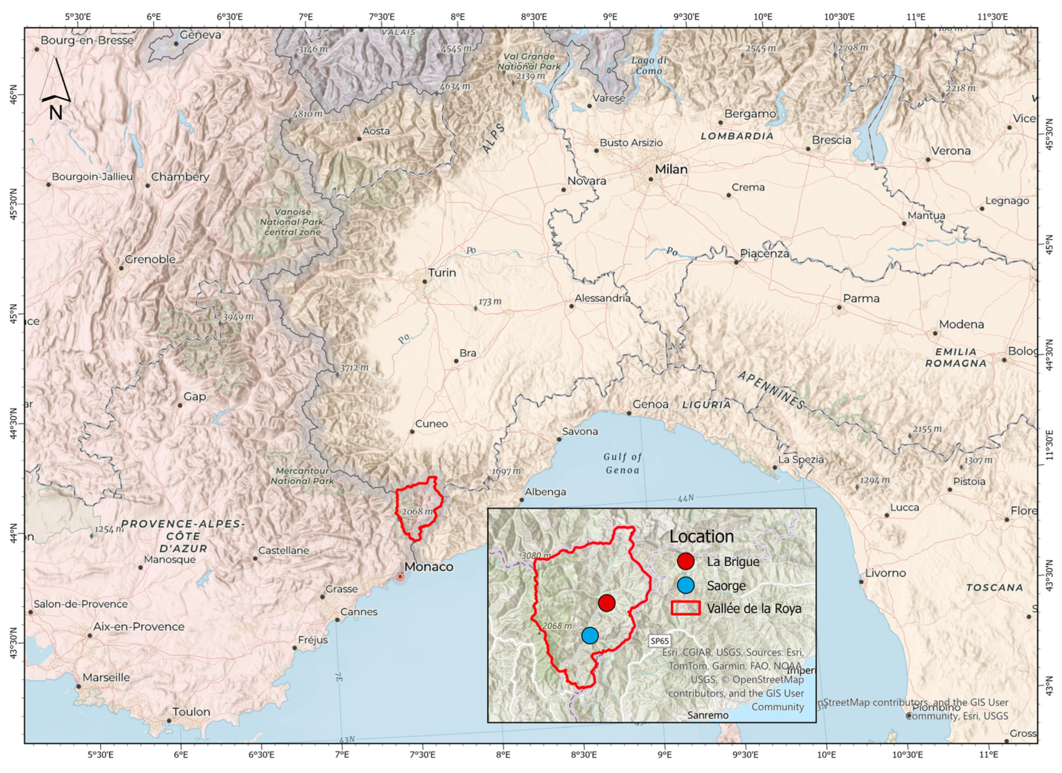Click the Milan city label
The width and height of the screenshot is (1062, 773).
(x=671, y=169)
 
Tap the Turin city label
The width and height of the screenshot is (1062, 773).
(x=442, y=272)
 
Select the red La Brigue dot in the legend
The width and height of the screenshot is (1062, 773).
(x=685, y=561)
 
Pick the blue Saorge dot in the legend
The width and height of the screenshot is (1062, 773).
(x=685, y=585)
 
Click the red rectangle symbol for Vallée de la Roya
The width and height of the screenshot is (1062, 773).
(x=685, y=608)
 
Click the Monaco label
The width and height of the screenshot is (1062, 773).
(x=429, y=566)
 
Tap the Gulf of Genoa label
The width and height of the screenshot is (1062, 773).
(x=622, y=463)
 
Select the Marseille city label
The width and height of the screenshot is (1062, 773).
(x=106, y=677)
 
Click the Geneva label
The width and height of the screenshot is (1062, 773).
(x=200, y=35)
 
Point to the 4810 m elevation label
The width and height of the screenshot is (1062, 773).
(x=308, y=114)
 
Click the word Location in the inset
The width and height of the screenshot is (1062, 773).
(x=702, y=536)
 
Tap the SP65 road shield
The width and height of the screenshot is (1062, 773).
(x=659, y=641)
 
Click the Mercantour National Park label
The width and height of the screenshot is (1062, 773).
(x=303, y=476)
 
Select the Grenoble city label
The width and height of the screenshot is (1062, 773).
(x=150, y=259)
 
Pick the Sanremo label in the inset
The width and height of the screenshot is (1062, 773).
(x=708, y=715)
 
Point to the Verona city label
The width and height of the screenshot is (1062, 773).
(x=950, y=151)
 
